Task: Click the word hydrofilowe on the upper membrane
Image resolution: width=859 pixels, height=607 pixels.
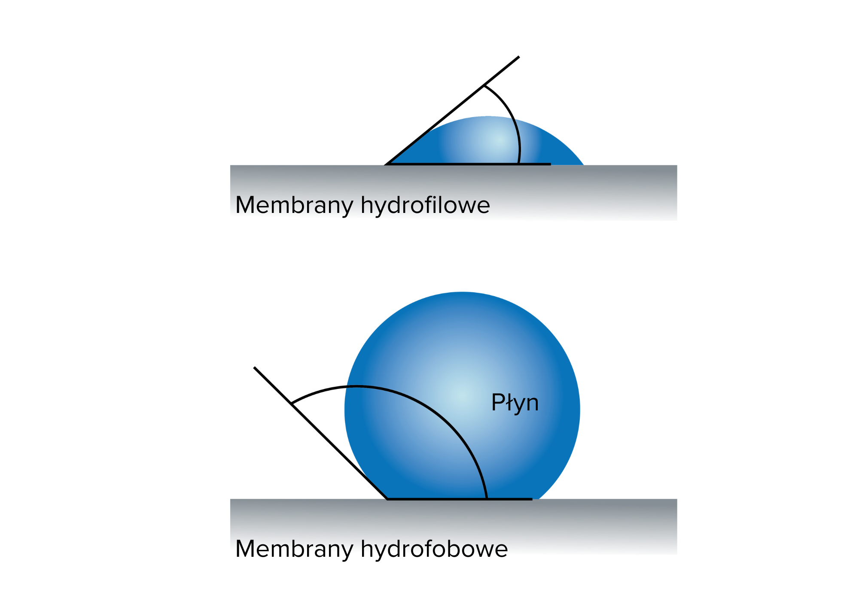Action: pos(425,205)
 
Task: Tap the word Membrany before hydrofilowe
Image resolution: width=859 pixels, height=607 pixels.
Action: pos(294,205)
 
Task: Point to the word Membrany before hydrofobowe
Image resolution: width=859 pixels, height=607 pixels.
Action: pos(294,547)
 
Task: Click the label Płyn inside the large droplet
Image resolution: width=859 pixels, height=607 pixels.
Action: pos(515,403)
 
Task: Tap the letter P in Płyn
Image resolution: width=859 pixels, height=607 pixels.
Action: pos(498,402)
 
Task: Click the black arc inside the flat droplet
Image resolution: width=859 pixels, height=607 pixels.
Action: pos(519,142)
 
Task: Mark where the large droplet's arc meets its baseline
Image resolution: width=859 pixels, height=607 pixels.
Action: pos(487,498)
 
